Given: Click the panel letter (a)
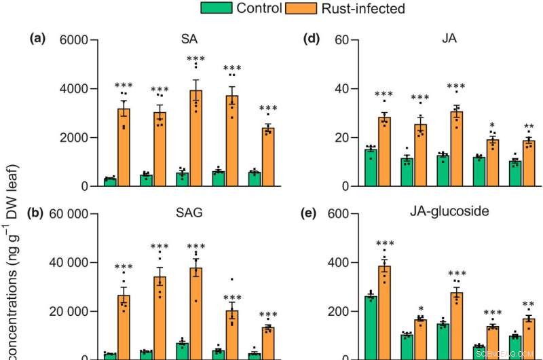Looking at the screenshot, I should [36, 39].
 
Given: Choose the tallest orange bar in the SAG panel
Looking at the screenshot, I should [196, 313].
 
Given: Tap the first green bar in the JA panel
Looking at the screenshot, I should [371, 167].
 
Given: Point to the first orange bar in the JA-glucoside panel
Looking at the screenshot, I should [385, 312].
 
